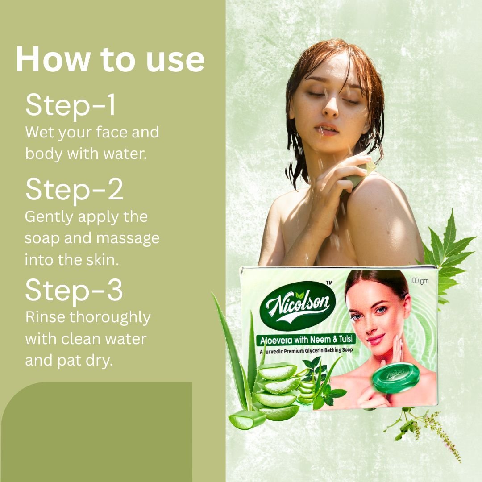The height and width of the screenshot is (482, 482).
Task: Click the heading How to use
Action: (x=110, y=59)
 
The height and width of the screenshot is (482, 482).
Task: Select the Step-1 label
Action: (x=71, y=105)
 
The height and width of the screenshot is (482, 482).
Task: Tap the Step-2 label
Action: (x=74, y=190)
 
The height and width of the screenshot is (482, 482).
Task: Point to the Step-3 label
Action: (x=74, y=291)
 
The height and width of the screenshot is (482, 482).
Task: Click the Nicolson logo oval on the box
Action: (x=298, y=306)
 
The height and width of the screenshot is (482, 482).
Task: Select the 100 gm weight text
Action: (x=419, y=281)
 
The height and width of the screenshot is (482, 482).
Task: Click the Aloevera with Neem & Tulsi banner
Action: (x=306, y=339)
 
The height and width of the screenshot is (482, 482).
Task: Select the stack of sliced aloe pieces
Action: (x=278, y=391)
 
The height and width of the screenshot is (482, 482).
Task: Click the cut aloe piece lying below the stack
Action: (x=247, y=419)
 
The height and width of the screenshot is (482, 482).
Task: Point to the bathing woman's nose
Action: (x=330, y=108)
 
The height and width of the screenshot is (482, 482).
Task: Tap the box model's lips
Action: (x=376, y=339)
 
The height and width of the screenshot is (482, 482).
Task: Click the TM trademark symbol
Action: (x=329, y=283)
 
